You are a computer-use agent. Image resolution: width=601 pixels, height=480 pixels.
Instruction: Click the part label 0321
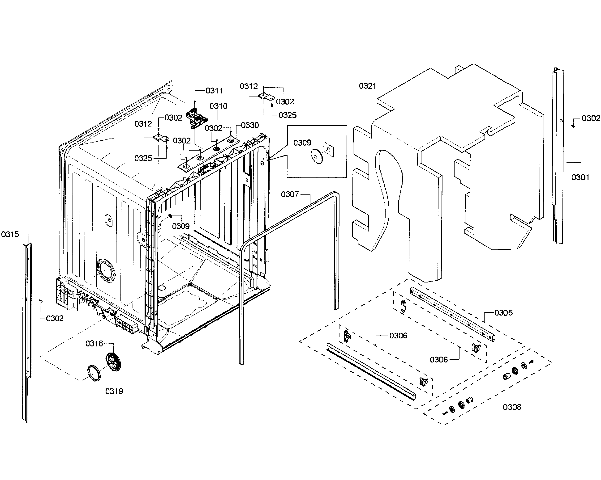pyautogui.click(x=367, y=86)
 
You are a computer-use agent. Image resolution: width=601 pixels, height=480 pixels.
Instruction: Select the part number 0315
pyautogui.click(x=10, y=234)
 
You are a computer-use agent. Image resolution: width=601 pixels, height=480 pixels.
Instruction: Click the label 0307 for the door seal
pyautogui.click(x=290, y=194)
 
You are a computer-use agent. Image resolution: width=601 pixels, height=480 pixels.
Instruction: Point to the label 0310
pyautogui.click(x=218, y=106)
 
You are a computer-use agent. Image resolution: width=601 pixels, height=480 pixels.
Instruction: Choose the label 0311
pyautogui.click(x=214, y=91)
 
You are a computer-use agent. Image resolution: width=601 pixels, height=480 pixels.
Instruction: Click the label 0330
pyautogui.click(x=249, y=125)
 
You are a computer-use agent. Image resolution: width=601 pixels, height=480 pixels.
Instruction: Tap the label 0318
pyautogui.click(x=94, y=344)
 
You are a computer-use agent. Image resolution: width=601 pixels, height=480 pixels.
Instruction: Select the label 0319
pyautogui.click(x=114, y=391)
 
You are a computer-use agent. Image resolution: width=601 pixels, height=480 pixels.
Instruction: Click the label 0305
pyautogui.click(x=503, y=313)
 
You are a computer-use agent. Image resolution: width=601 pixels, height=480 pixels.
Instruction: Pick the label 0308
pyautogui.click(x=512, y=407)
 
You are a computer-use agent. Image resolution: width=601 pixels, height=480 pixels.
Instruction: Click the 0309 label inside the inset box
pyautogui.click(x=302, y=143)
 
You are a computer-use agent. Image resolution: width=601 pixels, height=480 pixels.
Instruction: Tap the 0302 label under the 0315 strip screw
pyautogui.click(x=55, y=319)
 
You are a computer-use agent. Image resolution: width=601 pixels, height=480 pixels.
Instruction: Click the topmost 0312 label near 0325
pyautogui.click(x=249, y=86)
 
